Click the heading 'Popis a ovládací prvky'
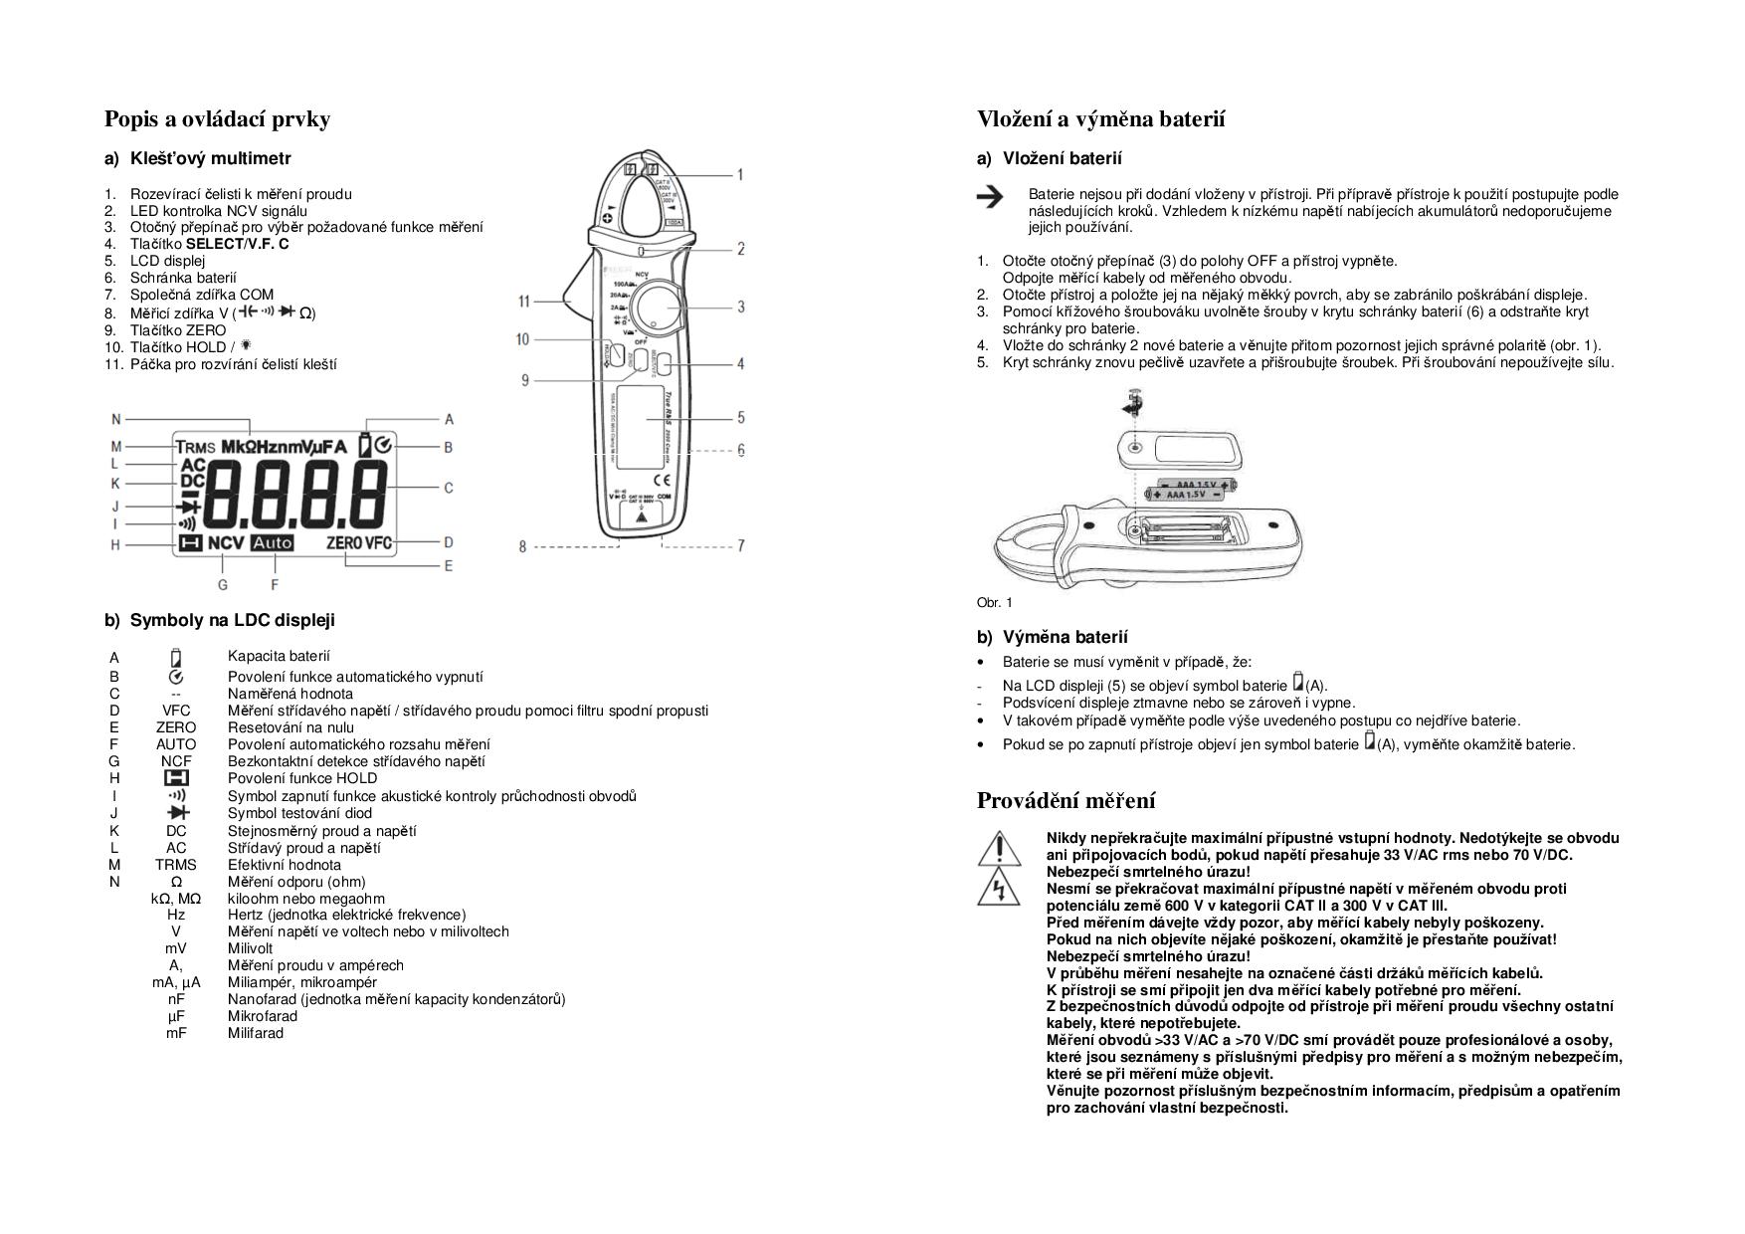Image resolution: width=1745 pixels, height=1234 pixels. pos(217,119)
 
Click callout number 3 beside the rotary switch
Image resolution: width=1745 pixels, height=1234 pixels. pos(740,308)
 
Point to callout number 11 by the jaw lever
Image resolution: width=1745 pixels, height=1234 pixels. pos(524,302)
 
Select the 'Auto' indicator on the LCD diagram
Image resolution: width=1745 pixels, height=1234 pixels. pos(273,543)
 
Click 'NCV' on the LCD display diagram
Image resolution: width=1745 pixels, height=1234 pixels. pos(226,543)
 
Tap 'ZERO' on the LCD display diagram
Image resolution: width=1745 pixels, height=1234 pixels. pos(344,543)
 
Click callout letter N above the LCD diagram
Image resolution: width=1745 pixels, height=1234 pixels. pos(115,420)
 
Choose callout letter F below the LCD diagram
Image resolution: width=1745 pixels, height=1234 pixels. pos(275,585)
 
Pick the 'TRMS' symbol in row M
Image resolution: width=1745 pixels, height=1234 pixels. pos(176,865)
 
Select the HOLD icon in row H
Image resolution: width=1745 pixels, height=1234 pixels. pos(176,778)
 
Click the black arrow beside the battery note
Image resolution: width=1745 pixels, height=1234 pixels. pos(990,197)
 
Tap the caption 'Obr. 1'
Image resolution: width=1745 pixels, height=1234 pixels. pos(994,602)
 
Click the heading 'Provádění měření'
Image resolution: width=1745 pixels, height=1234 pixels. pos(1066,801)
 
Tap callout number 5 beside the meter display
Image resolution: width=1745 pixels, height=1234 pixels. pos(740,418)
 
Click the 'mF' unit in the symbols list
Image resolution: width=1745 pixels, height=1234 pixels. pos(176,1033)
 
